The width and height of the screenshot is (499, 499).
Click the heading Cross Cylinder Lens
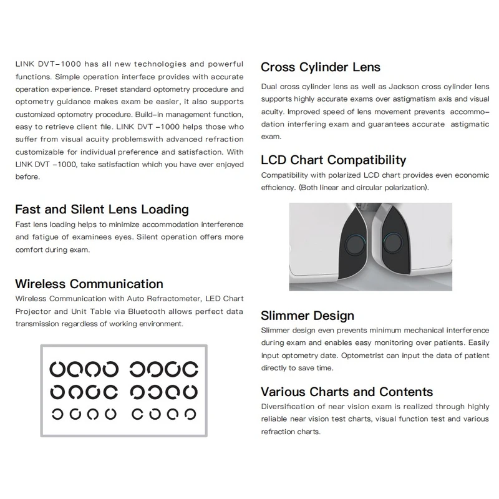coord(320,67)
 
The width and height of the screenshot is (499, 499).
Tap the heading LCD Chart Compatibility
coord(333,160)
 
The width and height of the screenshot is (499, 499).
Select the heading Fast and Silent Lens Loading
coord(101,210)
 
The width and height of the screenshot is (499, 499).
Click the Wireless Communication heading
coord(89,284)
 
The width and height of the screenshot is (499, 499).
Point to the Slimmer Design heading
coord(307,316)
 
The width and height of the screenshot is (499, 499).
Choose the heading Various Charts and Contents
coord(346,392)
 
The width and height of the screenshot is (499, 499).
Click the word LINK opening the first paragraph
coord(22,64)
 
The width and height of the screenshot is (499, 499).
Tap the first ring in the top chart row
coord(58,369)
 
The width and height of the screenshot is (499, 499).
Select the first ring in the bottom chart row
coord(58,414)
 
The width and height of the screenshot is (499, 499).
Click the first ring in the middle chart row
coord(58,392)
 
